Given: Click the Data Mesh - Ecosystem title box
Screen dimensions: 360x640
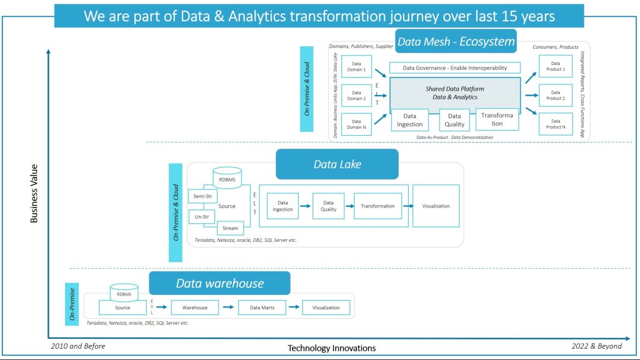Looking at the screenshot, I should [x=456, y=42].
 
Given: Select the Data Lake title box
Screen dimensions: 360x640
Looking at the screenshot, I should [x=337, y=164].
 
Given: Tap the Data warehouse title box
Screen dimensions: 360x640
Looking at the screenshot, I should [x=219, y=283].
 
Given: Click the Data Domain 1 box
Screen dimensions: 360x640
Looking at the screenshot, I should [x=357, y=67].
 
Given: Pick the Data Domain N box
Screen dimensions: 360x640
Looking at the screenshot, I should [x=357, y=124].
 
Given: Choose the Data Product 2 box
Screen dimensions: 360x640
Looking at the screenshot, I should [x=555, y=95].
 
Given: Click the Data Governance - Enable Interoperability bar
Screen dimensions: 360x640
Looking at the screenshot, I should [x=454, y=67].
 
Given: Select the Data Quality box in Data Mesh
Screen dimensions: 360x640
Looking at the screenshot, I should [x=454, y=119].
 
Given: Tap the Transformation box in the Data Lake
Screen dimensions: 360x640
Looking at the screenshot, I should [x=377, y=206].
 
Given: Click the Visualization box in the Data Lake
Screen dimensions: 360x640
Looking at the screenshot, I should [x=436, y=206].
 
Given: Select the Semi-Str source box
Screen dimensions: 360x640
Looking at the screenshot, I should [x=202, y=196].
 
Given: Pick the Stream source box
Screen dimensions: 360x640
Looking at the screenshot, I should [x=230, y=228].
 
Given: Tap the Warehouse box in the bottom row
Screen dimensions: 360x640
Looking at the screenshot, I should [x=194, y=307].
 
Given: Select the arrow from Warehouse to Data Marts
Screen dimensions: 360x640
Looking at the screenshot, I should [x=231, y=307].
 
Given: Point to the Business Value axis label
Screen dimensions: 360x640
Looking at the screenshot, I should [x=34, y=193].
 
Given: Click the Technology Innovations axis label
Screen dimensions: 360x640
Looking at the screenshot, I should [x=331, y=348].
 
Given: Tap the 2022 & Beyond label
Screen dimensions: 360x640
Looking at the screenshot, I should [x=596, y=346].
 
